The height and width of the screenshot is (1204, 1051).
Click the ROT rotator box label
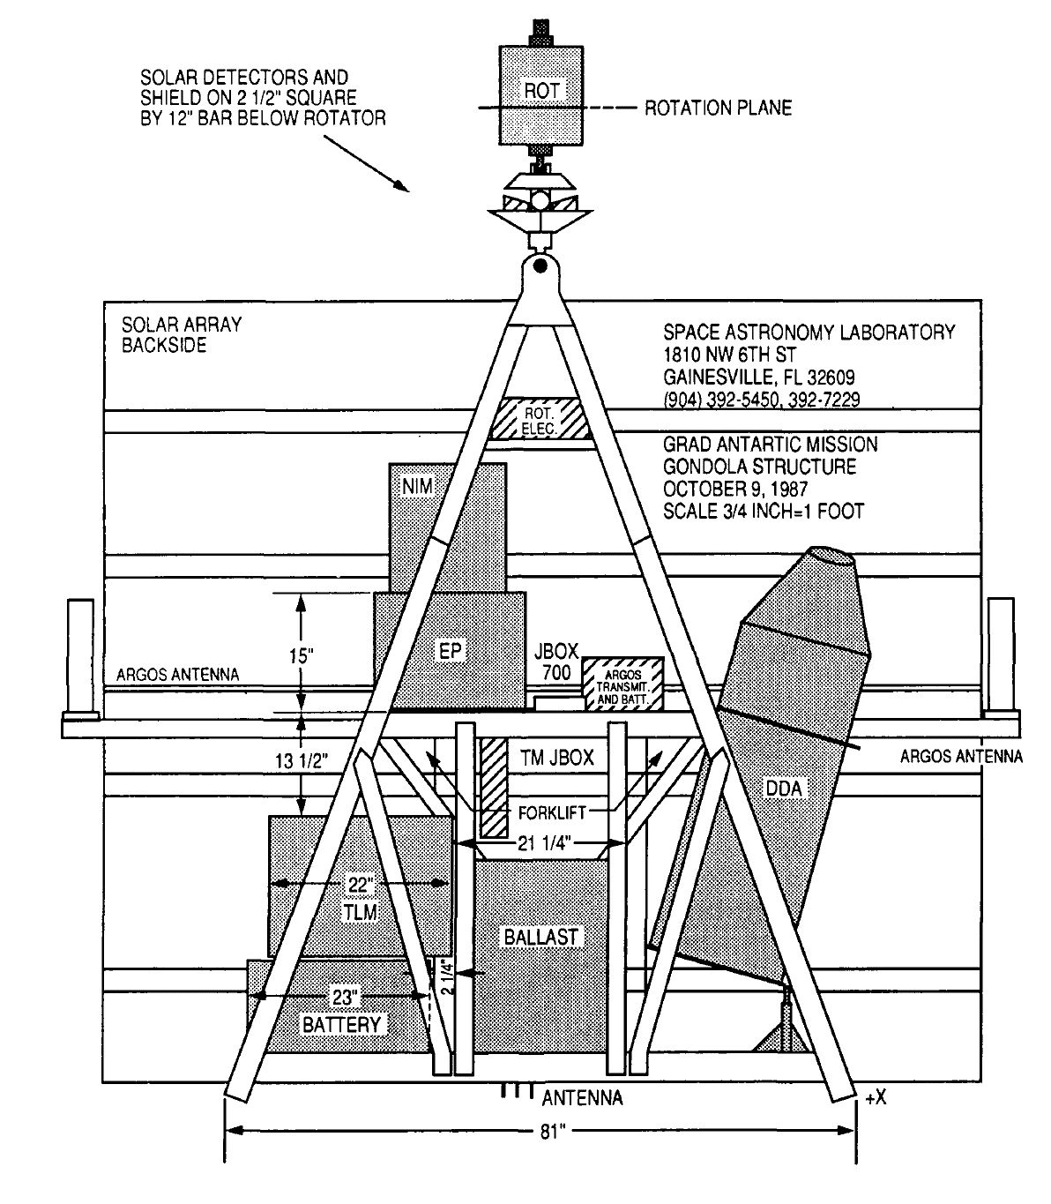(541, 90)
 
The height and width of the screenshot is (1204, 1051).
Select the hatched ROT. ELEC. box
(541, 418)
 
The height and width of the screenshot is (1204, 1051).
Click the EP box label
(451, 650)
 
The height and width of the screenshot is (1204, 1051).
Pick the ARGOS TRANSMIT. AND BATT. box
(623, 683)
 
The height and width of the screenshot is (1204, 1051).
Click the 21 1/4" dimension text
(541, 844)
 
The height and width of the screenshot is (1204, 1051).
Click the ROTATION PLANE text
(718, 108)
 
